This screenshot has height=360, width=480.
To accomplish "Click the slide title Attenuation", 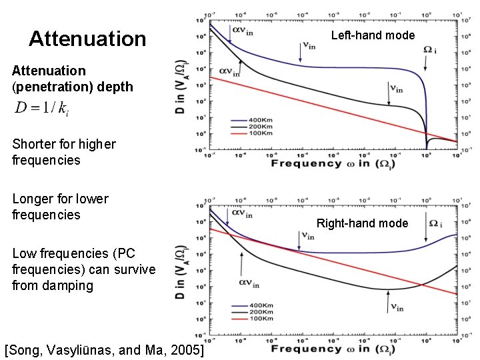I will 87,39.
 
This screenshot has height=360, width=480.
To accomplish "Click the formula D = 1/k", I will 42,109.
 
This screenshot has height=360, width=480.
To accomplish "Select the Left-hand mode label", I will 373,35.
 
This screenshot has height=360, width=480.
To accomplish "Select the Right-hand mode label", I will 362,223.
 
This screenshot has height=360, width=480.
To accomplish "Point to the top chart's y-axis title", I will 180,87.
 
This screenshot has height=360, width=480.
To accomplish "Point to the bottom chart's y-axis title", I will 180,273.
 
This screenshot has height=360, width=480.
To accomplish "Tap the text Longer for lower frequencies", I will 60,207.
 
